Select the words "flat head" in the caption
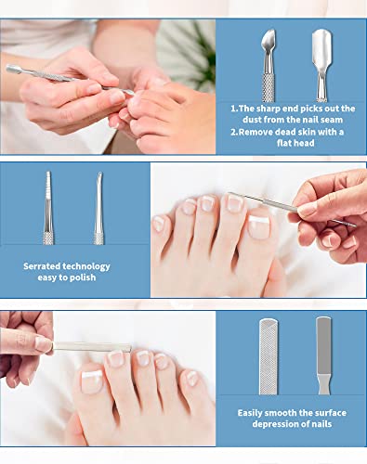pyautogui.click(x=295, y=143)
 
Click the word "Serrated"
pyautogui.click(x=42, y=266)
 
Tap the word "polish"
pyautogui.click(x=82, y=277)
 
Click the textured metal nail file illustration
pyautogui.click(x=269, y=356)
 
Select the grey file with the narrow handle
pyautogui.click(x=324, y=355)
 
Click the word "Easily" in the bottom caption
pyautogui.click(x=250, y=413)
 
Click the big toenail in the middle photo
pyautogui.click(x=259, y=226)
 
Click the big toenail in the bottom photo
pyautogui.click(x=92, y=381)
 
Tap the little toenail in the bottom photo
pyautogui.click(x=191, y=379)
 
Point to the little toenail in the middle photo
pyautogui.click(x=159, y=224)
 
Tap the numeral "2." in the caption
pyautogui.click(x=234, y=132)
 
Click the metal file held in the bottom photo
pyautogui.click(x=92, y=346)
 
